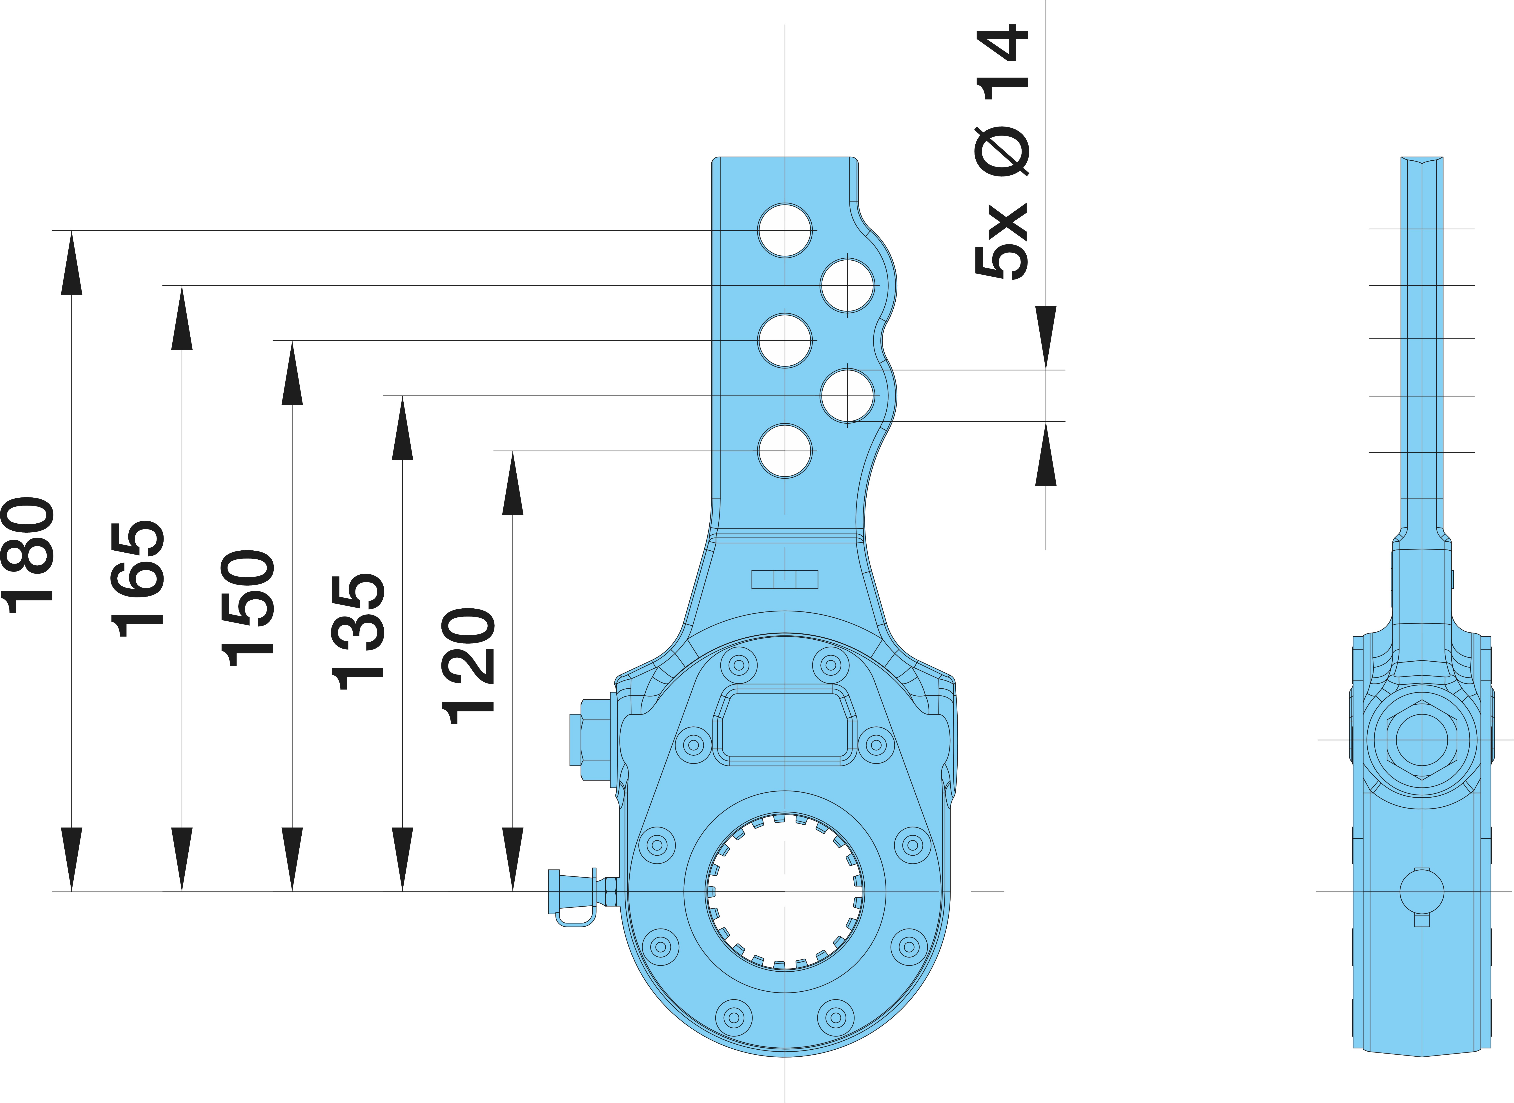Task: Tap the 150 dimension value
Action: [247, 608]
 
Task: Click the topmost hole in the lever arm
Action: [785, 230]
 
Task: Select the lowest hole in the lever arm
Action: [785, 451]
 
